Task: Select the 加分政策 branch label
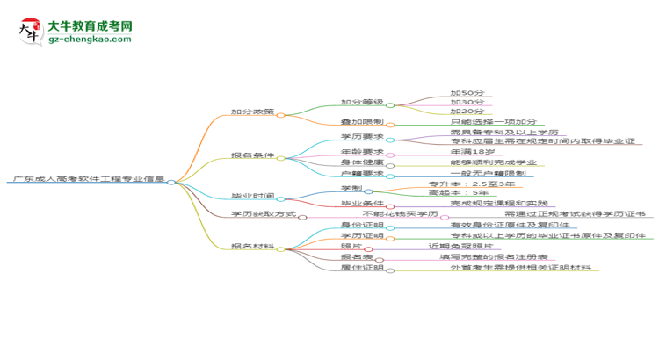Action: click(x=252, y=112)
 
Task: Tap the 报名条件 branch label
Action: click(x=252, y=155)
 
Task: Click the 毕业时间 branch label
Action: click(x=252, y=197)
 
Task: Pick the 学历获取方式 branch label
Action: click(x=264, y=213)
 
